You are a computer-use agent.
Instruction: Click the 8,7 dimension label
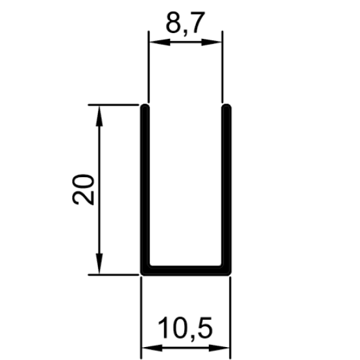(x=185, y=23)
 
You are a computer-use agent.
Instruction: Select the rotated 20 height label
(x=83, y=189)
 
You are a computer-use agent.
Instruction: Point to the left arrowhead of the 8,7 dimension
(x=160, y=42)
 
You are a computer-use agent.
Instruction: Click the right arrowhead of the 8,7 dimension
(x=211, y=42)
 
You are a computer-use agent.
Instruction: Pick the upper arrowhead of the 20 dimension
(x=99, y=116)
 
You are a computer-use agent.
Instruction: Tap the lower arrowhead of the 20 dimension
(x=99, y=263)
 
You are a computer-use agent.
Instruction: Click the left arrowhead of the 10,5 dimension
(x=152, y=348)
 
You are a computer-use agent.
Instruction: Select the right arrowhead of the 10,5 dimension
(x=219, y=348)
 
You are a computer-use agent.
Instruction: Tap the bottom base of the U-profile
(x=186, y=270)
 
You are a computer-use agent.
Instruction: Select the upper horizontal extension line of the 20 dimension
(x=114, y=104)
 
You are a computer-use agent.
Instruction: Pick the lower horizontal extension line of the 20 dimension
(x=114, y=274)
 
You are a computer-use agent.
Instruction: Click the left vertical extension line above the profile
(x=149, y=67)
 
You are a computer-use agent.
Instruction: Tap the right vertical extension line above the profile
(x=222, y=67)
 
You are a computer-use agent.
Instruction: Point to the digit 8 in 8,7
(x=173, y=22)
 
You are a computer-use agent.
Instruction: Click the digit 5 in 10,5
(x=204, y=328)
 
